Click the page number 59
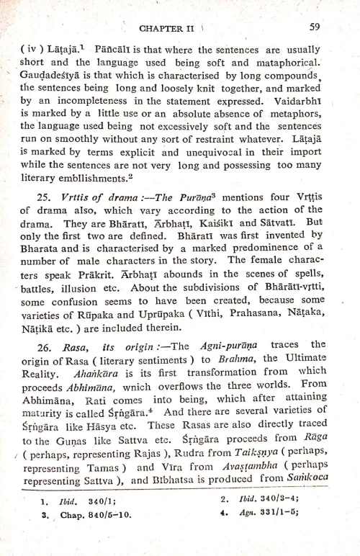tap(314, 28)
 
